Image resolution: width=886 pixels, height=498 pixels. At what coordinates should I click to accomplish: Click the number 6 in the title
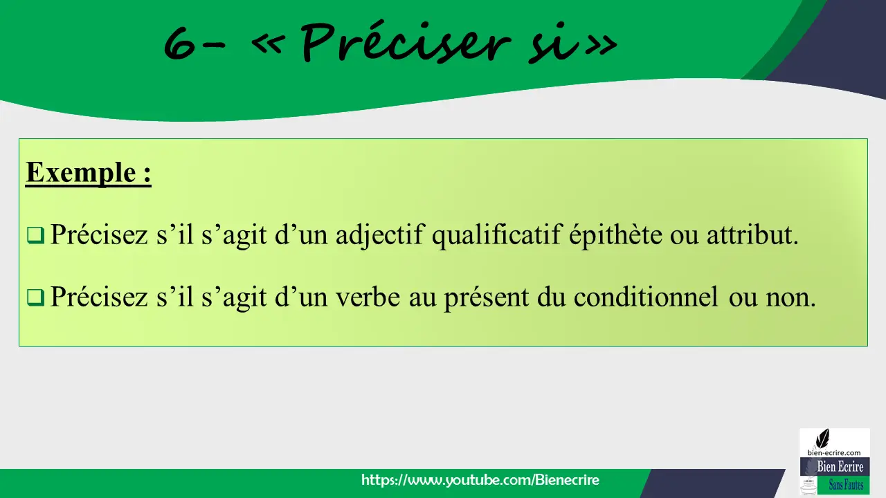point(180,43)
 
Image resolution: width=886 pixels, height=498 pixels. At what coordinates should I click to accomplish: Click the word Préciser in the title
point(406,41)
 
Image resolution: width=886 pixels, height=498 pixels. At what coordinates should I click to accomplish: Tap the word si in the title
point(553,46)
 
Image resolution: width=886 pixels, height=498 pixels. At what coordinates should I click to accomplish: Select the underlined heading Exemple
point(88,173)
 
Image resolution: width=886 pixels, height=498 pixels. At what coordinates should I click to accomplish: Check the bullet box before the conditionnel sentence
point(35,297)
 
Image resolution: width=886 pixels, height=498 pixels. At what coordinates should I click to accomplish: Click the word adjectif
point(380,235)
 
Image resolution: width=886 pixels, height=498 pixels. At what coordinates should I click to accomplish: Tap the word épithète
point(615,235)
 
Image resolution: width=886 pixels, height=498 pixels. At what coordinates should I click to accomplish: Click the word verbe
point(368,297)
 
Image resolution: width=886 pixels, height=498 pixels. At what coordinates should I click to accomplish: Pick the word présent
point(487,298)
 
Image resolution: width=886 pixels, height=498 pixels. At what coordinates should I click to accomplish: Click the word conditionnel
point(646,297)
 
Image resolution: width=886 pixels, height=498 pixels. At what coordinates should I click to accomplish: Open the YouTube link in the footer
point(480,480)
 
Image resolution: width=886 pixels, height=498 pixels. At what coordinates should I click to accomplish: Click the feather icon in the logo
point(823,439)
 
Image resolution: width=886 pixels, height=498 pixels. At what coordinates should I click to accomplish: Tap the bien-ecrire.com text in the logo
point(834,452)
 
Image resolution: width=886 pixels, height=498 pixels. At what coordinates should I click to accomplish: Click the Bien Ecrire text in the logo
point(840,466)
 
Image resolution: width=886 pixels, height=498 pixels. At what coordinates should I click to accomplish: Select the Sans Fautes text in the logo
point(846,485)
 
